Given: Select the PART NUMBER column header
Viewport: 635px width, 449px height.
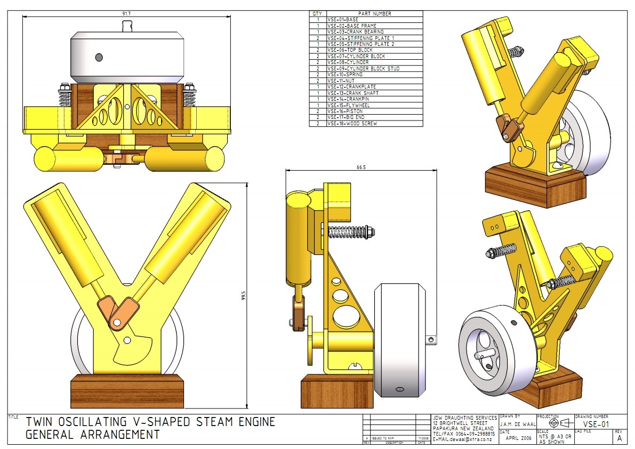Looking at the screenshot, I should (x=374, y=13).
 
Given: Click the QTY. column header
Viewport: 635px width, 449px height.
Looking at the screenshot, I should (x=318, y=13).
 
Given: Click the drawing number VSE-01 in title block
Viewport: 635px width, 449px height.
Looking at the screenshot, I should (x=596, y=424).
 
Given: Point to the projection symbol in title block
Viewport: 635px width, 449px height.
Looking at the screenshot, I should (x=558, y=423).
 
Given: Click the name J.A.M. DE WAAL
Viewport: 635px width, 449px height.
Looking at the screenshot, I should (x=517, y=424).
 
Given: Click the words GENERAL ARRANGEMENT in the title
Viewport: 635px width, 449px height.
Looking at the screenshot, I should (x=92, y=435).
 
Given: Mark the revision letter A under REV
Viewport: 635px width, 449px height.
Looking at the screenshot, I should (x=619, y=438).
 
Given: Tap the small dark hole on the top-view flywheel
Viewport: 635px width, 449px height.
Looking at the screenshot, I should (x=99, y=57).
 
